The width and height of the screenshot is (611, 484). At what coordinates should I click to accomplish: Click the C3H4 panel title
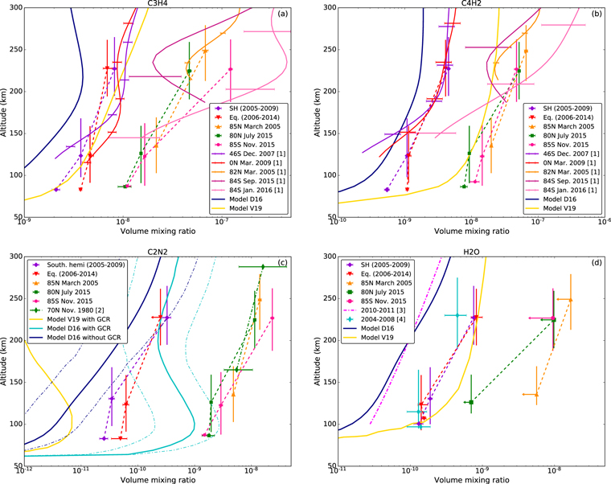coord(158,3)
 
